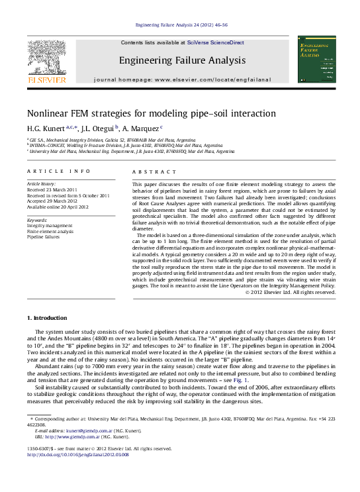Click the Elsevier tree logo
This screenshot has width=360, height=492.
point(46,58)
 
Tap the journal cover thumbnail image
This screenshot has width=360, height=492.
point(316,59)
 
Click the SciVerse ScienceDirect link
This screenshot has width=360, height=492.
point(215,42)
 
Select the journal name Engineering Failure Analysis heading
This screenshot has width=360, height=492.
point(181,60)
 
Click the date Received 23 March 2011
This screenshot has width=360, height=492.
point(52,189)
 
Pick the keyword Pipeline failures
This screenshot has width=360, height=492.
point(45,236)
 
